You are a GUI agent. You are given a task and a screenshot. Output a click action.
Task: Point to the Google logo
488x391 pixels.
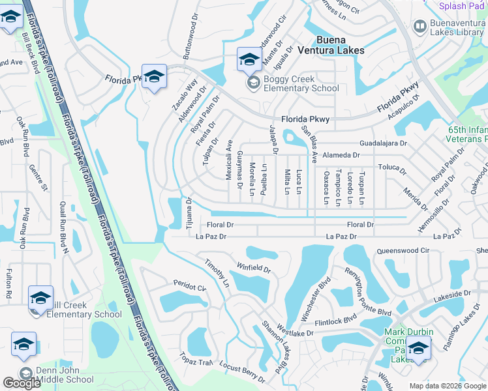click(x=22, y=383)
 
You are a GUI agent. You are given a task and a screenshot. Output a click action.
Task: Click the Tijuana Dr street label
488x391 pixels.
click(x=189, y=211)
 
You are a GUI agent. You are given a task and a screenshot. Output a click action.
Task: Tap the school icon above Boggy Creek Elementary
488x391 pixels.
click(x=249, y=59)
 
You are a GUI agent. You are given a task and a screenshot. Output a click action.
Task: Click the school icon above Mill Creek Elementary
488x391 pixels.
click(x=40, y=298)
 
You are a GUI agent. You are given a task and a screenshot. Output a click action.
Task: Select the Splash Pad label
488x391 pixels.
click(x=462, y=6)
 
